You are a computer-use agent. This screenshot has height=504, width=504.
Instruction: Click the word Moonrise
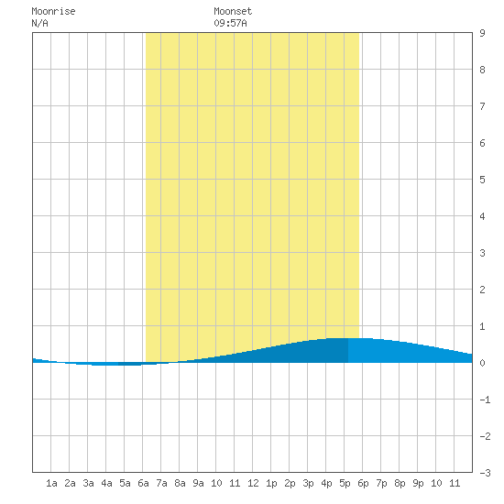pos(53,12)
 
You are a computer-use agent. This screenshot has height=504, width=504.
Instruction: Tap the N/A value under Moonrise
pos(39,23)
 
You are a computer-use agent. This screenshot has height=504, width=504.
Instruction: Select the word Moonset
pos(233,12)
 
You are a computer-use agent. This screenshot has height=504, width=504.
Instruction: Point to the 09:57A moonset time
pos(230,23)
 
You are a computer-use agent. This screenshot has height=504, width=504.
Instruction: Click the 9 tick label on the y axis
pos(482,33)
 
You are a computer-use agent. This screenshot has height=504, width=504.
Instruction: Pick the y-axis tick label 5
pos(482,180)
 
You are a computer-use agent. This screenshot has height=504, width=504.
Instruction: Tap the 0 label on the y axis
pos(482,363)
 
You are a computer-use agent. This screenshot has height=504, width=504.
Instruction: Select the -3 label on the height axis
pos(485,473)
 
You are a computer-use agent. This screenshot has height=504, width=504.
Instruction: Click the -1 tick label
pos(485,400)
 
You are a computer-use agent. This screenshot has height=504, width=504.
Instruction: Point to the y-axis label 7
pos(482,106)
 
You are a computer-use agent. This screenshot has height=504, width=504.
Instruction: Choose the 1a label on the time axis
pos(51,483)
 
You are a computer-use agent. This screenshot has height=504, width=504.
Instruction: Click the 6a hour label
pos(143,483)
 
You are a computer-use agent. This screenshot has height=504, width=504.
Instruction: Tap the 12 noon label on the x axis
pos(253,483)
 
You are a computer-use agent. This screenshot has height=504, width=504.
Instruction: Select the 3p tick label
pos(308,484)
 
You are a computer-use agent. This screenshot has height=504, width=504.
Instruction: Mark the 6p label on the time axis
pos(363,484)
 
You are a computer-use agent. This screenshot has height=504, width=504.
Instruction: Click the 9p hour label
pos(418,484)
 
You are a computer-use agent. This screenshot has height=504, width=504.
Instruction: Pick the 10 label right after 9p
pos(436,483)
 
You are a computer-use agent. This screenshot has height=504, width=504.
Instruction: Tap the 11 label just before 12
pos(235,483)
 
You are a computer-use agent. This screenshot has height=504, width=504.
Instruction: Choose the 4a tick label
pos(106,483)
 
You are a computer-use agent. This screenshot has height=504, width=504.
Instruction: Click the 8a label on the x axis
pos(180,483)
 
